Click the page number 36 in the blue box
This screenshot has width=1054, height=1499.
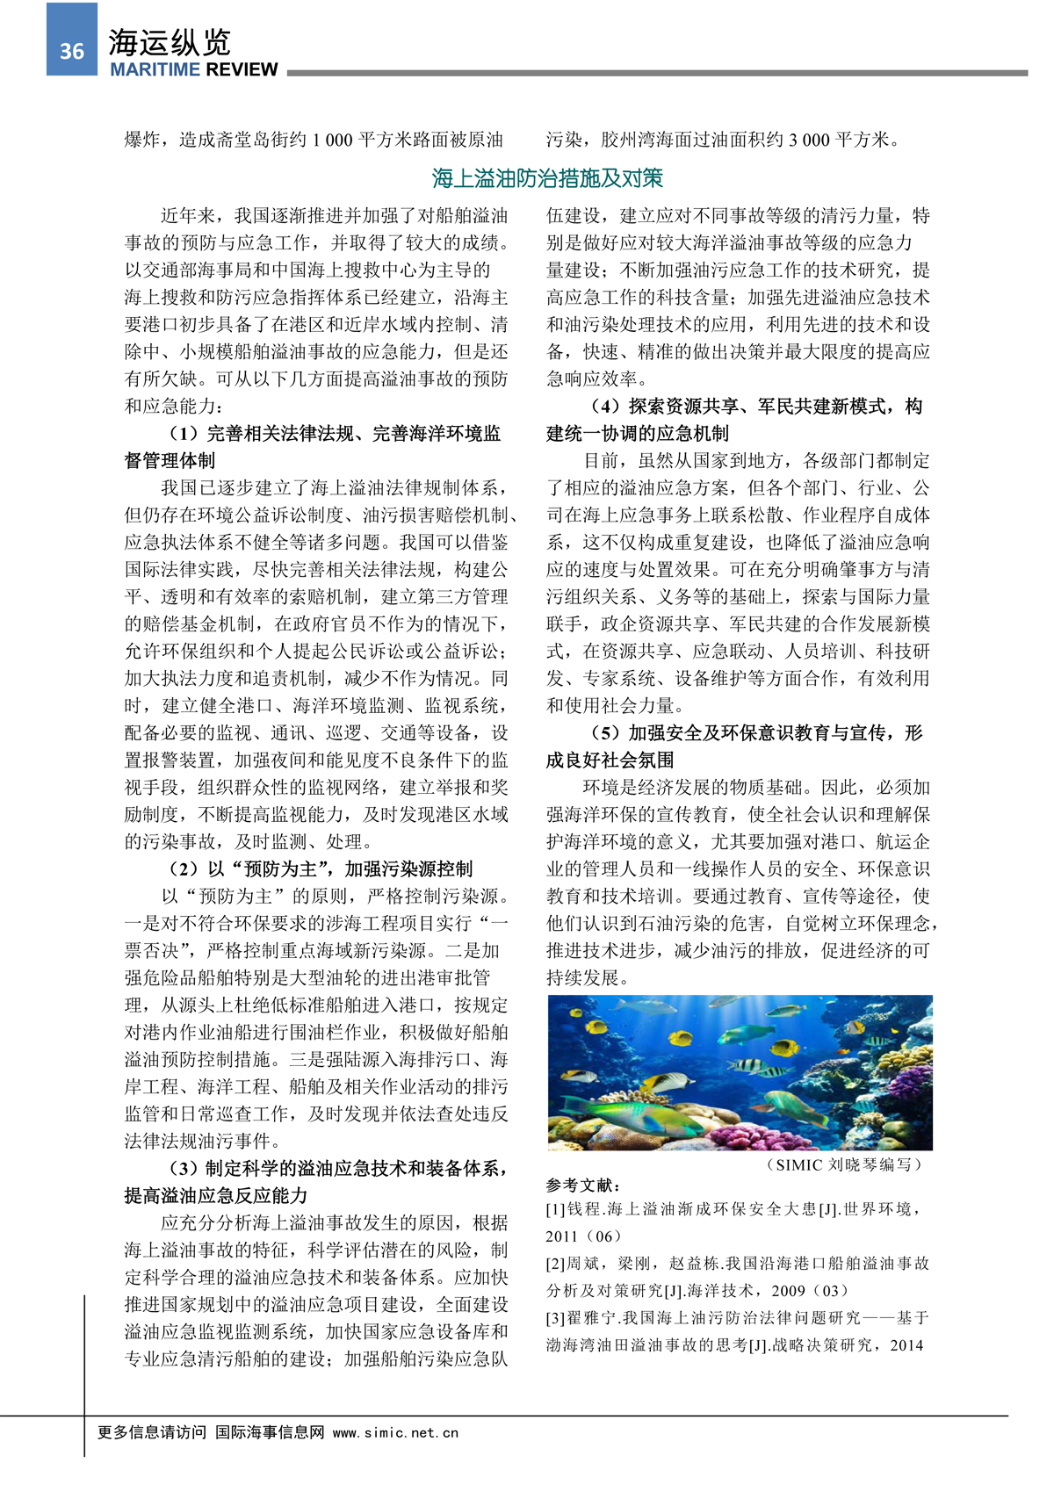pyautogui.click(x=72, y=51)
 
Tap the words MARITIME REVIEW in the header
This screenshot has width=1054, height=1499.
pyautogui.click(x=193, y=70)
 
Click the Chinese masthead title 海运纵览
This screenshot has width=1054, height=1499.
pyautogui.click(x=170, y=41)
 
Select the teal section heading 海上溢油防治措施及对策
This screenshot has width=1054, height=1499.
pyautogui.click(x=547, y=178)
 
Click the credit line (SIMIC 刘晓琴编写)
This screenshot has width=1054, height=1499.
pyautogui.click(x=845, y=1165)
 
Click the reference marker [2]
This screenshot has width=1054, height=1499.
pyautogui.click(x=555, y=1264)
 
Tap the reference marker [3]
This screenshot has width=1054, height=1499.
pyautogui.click(x=555, y=1318)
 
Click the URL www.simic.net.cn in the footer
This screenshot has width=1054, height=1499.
pyautogui.click(x=395, y=1432)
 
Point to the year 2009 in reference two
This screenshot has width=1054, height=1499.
pyautogui.click(x=789, y=1291)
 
